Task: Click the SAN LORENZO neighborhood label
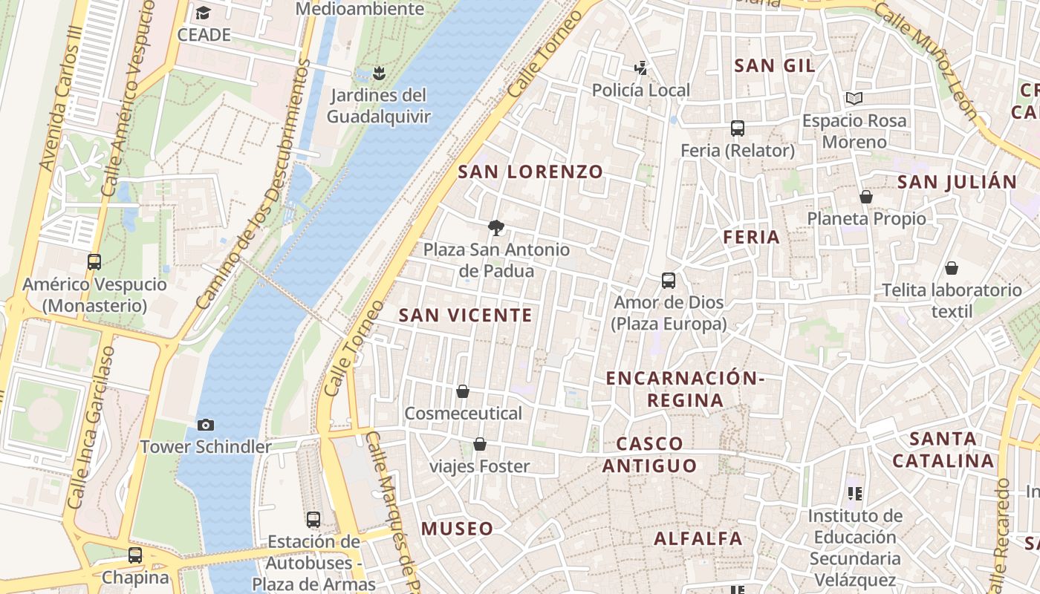tap(530, 172)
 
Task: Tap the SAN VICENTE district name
tap(466, 316)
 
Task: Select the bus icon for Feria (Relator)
tap(738, 128)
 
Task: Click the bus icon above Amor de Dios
tap(669, 281)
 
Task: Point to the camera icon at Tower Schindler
tap(206, 425)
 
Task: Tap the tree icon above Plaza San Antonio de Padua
tap(496, 228)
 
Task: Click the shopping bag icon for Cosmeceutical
tap(463, 391)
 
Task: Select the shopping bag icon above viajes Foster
tap(480, 445)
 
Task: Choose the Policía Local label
tap(640, 91)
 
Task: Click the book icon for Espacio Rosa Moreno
tap(854, 98)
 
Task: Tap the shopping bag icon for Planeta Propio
tap(866, 197)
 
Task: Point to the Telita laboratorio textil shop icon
tap(952, 268)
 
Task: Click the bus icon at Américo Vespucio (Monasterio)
tap(94, 262)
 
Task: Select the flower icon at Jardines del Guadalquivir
tap(379, 73)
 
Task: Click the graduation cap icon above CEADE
tap(203, 13)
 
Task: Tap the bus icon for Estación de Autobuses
tap(313, 520)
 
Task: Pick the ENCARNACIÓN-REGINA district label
tap(685, 389)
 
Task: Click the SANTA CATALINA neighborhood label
tap(943, 450)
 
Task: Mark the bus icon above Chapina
tap(135, 555)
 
